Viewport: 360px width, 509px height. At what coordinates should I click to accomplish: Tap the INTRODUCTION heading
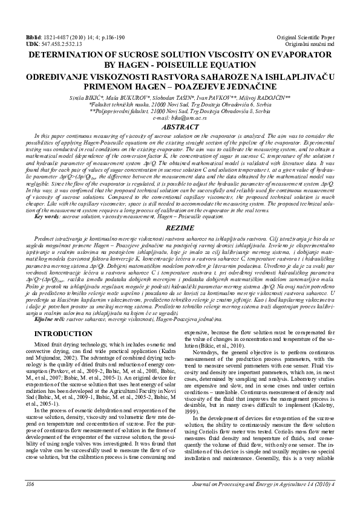coord(63,333)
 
